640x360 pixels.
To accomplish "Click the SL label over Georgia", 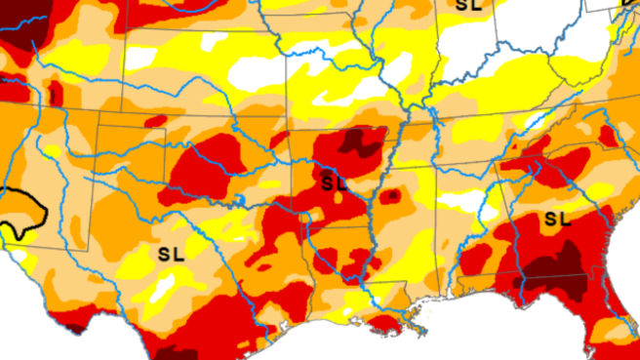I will pyautogui.click(x=557, y=218).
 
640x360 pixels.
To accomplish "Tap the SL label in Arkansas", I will pyautogui.click(x=334, y=182).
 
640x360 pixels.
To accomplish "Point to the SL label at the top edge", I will pyautogui.click(x=468, y=5).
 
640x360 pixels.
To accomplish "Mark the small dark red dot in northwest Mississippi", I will pyautogui.click(x=391, y=195).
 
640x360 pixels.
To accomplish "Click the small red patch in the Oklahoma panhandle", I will pyautogui.click(x=153, y=121).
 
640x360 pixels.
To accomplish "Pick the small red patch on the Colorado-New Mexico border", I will pyautogui.click(x=55, y=94).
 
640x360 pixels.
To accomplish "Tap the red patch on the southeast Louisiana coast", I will pyautogui.click(x=384, y=322).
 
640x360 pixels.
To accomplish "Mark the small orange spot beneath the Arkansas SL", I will pyautogui.click(x=338, y=200).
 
